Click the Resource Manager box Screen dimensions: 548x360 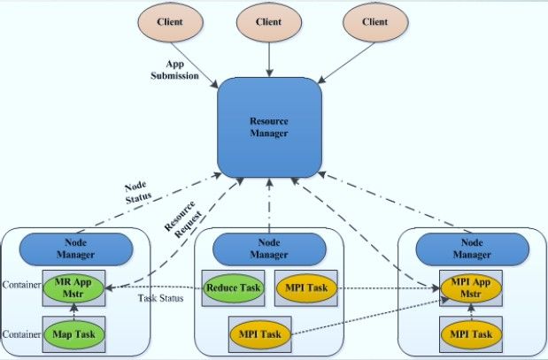[x=269, y=127]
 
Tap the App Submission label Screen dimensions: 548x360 [x=174, y=70]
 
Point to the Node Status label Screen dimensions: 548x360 [x=138, y=193]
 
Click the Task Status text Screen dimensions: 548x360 [x=160, y=298]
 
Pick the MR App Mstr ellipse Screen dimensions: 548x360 [x=73, y=288]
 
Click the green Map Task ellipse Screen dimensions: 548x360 [x=73, y=334]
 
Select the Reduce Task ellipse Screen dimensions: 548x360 [x=233, y=288]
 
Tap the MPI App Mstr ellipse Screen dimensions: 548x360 [x=471, y=288]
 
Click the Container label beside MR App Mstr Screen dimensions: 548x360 [x=21, y=285]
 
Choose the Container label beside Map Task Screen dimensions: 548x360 [x=21, y=334]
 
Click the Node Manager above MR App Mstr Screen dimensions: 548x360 [x=76, y=249]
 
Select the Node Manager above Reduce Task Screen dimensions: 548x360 [x=269, y=249]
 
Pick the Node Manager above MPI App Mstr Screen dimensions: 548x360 [x=472, y=249]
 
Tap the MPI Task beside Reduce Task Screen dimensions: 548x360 [x=306, y=288]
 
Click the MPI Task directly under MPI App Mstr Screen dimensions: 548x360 [x=471, y=334]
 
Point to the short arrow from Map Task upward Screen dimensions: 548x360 [x=73, y=312]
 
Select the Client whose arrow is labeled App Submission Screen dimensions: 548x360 [x=170, y=22]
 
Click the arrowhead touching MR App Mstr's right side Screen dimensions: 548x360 [x=109, y=288]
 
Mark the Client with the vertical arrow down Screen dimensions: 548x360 [x=269, y=22]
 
